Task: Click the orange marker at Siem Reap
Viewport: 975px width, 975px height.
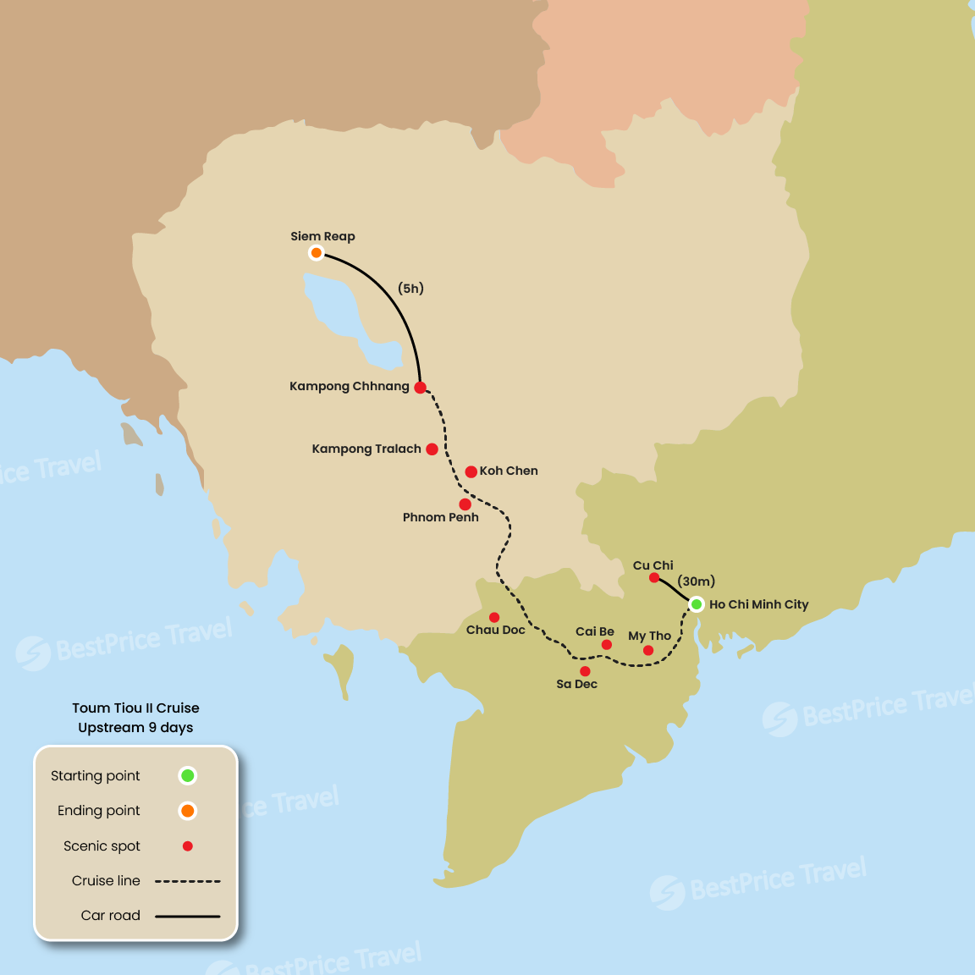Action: (x=316, y=252)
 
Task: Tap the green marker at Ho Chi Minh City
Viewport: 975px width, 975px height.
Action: (x=696, y=603)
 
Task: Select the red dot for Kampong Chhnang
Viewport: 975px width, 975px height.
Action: (x=420, y=388)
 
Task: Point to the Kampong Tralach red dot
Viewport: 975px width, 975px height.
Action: (x=432, y=449)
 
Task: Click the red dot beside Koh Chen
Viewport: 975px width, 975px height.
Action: (x=471, y=471)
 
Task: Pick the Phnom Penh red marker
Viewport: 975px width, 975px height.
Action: (x=465, y=504)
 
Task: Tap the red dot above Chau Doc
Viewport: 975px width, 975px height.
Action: (x=494, y=617)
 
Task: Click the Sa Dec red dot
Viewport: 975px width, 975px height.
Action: (x=585, y=671)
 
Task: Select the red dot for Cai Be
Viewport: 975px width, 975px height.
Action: (x=607, y=645)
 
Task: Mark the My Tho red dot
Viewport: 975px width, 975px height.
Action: (x=648, y=651)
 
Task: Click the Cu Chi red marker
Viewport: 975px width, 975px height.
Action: (x=654, y=578)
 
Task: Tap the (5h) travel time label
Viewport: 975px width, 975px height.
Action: (x=410, y=289)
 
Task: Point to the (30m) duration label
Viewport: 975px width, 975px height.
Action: (x=697, y=581)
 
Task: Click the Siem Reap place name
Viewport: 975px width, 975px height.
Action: (x=322, y=236)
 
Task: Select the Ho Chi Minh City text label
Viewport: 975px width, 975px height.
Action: (x=758, y=604)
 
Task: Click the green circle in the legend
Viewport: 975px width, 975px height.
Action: (x=188, y=775)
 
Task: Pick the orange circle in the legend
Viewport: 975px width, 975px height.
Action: (x=188, y=811)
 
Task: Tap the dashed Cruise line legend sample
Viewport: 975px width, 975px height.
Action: (x=188, y=881)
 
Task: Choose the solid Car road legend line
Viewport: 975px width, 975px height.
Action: (x=188, y=916)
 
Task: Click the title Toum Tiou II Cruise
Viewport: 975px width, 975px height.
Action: (x=135, y=708)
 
